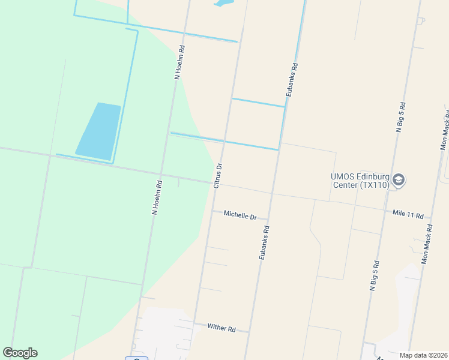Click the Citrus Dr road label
tap(218, 175)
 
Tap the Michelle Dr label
tap(240, 214)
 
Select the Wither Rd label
tap(221, 328)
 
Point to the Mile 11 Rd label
tap(408, 214)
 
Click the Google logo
tap(20, 353)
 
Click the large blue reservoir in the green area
tap(99, 131)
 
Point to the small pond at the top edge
tap(223, 3)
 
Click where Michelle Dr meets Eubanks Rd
tap(268, 219)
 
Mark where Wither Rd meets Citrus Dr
tap(193, 322)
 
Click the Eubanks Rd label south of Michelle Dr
tap(264, 242)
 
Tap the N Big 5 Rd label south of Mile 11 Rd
tap(374, 275)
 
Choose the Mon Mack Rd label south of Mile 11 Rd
tap(427, 244)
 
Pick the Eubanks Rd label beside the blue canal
tap(292, 80)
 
